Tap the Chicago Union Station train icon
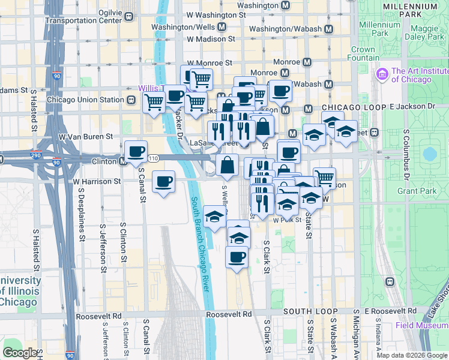pyautogui.click(x=130, y=100)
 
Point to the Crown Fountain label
pyautogui.click(x=363, y=54)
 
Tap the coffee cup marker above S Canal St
pyautogui.click(x=136, y=151)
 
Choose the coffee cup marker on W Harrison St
pyautogui.click(x=163, y=181)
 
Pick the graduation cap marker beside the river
pyautogui.click(x=214, y=217)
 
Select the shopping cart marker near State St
pyautogui.click(x=324, y=177)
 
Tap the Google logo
pyautogui.click(x=20, y=352)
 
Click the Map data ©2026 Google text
pyautogui.click(x=411, y=355)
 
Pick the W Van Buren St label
pyautogui.click(x=85, y=137)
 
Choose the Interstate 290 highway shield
pyautogui.click(x=37, y=156)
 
